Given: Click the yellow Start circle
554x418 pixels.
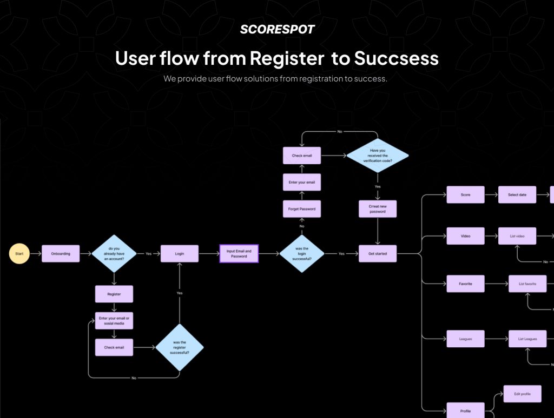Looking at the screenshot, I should [x=19, y=253].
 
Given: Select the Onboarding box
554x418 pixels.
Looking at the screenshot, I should [x=61, y=253].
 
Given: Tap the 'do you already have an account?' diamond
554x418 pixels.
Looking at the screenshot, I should [x=114, y=253].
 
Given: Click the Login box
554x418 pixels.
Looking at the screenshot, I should [x=180, y=253].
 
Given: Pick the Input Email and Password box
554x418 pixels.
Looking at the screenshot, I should [x=239, y=253].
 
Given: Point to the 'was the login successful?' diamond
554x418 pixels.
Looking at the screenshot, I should [x=301, y=253].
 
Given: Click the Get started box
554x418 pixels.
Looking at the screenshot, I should [x=378, y=253].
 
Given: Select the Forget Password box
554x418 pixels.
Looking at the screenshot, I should [x=302, y=209].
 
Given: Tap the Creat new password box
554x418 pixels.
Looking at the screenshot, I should [x=378, y=209].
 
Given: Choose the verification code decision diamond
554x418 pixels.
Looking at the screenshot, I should [x=378, y=156].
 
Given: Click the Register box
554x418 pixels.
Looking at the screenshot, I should [x=114, y=294].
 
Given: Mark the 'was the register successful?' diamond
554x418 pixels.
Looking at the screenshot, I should [x=180, y=347].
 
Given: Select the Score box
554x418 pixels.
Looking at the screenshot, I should [x=465, y=194].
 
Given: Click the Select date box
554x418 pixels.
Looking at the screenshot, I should [x=517, y=194].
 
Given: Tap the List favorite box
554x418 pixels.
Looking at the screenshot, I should [x=527, y=284].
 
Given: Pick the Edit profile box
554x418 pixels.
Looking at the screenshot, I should [x=522, y=394].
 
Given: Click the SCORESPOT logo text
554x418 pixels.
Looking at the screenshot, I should [x=277, y=30].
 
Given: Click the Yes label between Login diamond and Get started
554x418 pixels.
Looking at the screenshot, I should [x=341, y=253].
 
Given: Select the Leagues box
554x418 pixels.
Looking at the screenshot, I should [x=465, y=339].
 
